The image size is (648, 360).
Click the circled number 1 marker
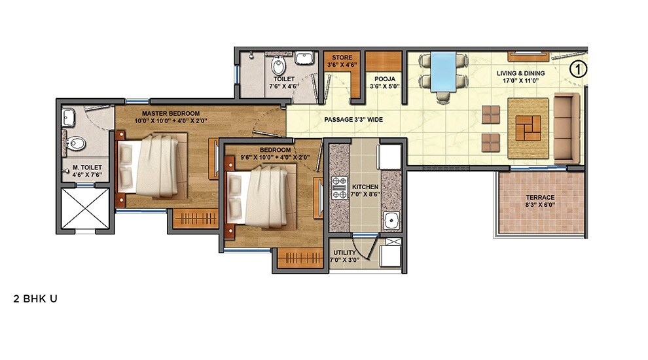tap(577, 68)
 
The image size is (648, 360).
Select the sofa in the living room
tap(567, 128)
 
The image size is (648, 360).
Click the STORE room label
tap(342, 58)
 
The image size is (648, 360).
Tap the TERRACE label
tap(540, 197)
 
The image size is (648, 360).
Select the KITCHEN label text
tap(365, 187)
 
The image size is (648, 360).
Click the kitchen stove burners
tap(340, 187)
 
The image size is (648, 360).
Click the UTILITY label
tap(344, 252)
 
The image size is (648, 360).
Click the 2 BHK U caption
tap(35, 298)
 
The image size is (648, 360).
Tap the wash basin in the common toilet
tap(303, 59)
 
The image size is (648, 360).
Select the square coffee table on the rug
tap(528, 126)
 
